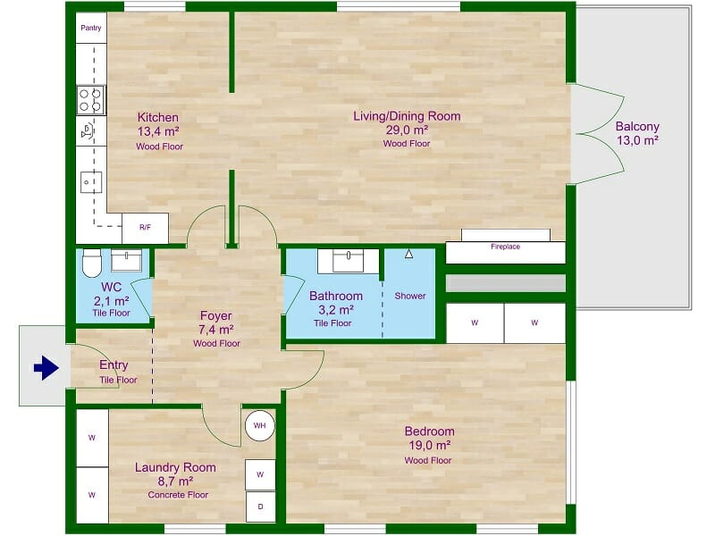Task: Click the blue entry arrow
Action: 46,367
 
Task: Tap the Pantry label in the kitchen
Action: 91,29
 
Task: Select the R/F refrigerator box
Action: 145,227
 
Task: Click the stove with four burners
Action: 91,99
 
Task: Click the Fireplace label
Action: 505,247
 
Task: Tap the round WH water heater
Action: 259,426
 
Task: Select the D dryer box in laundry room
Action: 260,506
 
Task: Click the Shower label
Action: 410,296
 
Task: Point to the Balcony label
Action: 637,126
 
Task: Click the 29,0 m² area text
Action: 407,130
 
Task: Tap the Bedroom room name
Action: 429,431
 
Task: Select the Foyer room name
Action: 215,315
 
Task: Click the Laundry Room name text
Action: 175,467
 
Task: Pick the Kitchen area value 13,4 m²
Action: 158,131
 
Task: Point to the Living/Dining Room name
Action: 407,116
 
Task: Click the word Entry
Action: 114,364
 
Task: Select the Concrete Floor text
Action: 178,494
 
